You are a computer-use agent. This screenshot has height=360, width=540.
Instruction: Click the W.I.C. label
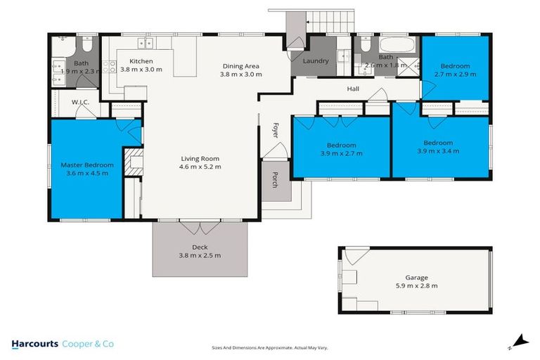pyautogui.click(x=79, y=103)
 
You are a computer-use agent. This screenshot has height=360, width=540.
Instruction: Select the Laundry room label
pyautogui.click(x=316, y=61)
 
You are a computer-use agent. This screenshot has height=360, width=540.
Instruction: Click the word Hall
pyautogui.click(x=353, y=89)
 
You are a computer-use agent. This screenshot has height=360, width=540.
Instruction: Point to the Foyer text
pyautogui.click(x=276, y=131)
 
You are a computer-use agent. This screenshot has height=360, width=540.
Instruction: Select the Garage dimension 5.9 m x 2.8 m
pyautogui.click(x=416, y=285)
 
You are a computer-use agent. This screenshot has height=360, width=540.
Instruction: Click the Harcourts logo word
pyautogui.click(x=34, y=345)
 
